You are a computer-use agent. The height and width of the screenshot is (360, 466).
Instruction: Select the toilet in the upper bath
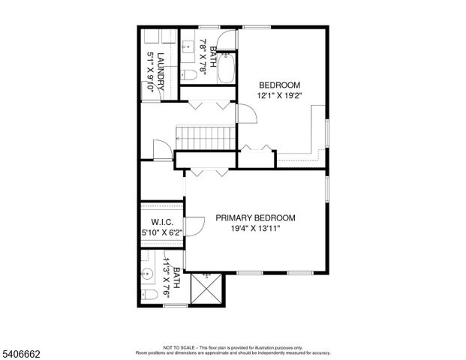point(191,73)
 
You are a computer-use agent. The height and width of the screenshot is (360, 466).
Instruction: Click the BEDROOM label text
point(280,85)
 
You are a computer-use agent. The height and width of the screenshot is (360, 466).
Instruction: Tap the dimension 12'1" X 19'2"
point(280,96)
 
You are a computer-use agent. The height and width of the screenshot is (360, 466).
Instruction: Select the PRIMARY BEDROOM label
point(255,217)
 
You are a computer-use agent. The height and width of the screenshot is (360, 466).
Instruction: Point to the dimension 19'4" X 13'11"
point(255,229)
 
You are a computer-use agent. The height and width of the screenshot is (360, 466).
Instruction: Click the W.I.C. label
point(162,222)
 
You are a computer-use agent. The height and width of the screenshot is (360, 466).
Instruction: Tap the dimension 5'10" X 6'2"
point(162,232)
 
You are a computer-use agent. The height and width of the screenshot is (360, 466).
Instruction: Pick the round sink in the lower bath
point(148,271)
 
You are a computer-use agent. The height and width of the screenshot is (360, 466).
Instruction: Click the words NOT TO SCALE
point(179,348)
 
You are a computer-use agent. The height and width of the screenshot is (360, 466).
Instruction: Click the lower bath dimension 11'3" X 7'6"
point(166,282)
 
